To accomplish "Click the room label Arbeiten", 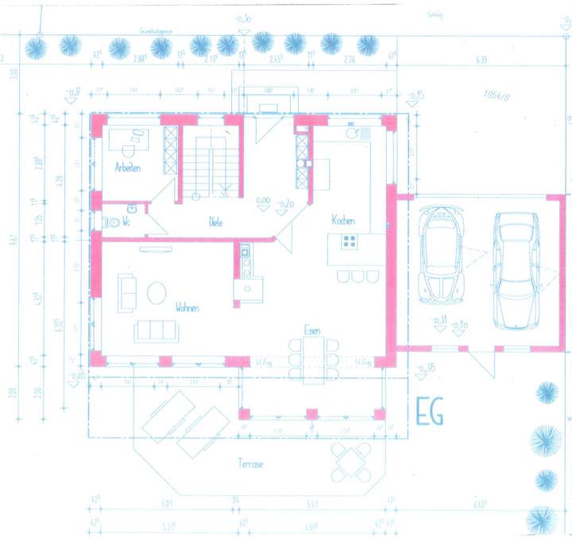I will click(x=128, y=168).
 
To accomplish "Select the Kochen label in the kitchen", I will click(x=342, y=221).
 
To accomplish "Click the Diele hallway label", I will click(x=214, y=222).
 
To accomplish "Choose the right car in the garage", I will click(x=515, y=269).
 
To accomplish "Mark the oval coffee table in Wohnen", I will click(x=157, y=292).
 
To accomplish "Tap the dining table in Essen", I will click(x=311, y=358).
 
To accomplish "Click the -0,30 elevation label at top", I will click(x=243, y=17).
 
